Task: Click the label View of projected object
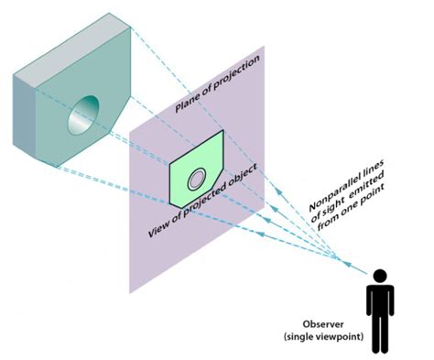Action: tap(203, 207)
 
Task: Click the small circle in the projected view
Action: tap(196, 180)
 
